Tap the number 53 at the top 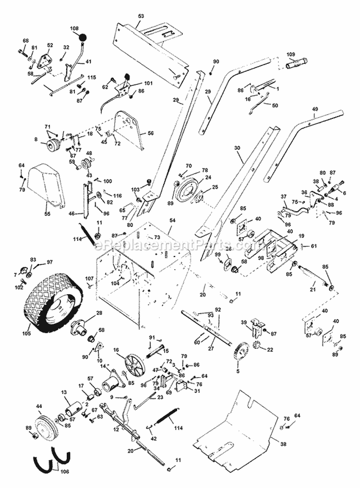click(x=141, y=16)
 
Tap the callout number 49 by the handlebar click(x=315, y=109)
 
